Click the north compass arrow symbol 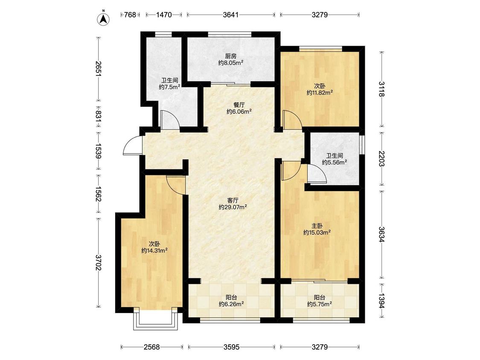pos(104,19)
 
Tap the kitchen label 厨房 pos(231,56)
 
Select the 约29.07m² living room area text pos(233,207)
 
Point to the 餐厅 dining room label pos(239,105)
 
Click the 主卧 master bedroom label pos(317,226)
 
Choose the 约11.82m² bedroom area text pos(320,93)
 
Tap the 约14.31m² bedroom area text pos(154,251)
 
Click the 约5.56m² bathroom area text pos(334,162)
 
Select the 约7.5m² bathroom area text pos(169,87)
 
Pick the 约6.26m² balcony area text pos(231,304)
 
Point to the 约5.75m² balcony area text pos(320,304)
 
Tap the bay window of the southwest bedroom pos(155,320)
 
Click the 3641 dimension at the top pos(231,15)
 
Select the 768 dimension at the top pos(130,15)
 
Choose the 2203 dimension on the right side pos(381,159)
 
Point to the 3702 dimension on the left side pos(98,263)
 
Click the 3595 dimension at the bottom pos(231,347)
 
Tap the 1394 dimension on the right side pos(381,301)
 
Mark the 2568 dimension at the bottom pos(152,347)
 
